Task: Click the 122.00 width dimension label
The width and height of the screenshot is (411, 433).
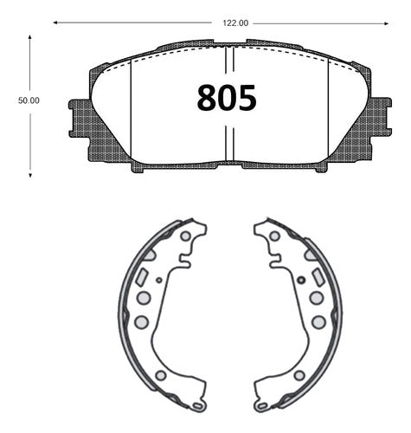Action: pos(235,23)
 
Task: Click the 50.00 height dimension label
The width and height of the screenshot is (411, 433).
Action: pos(29,100)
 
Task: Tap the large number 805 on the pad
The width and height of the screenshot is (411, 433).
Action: pos(227,98)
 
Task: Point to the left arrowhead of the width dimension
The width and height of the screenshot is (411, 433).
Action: pos(55,23)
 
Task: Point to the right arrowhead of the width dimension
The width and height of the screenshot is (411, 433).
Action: pos(387,23)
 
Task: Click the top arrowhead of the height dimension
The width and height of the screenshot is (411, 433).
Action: pos(29,37)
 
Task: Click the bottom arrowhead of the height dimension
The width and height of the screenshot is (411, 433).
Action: pos(30,175)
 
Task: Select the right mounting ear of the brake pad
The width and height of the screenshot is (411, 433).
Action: pos(382,117)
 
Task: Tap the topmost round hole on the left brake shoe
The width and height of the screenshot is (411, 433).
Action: pos(185,236)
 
